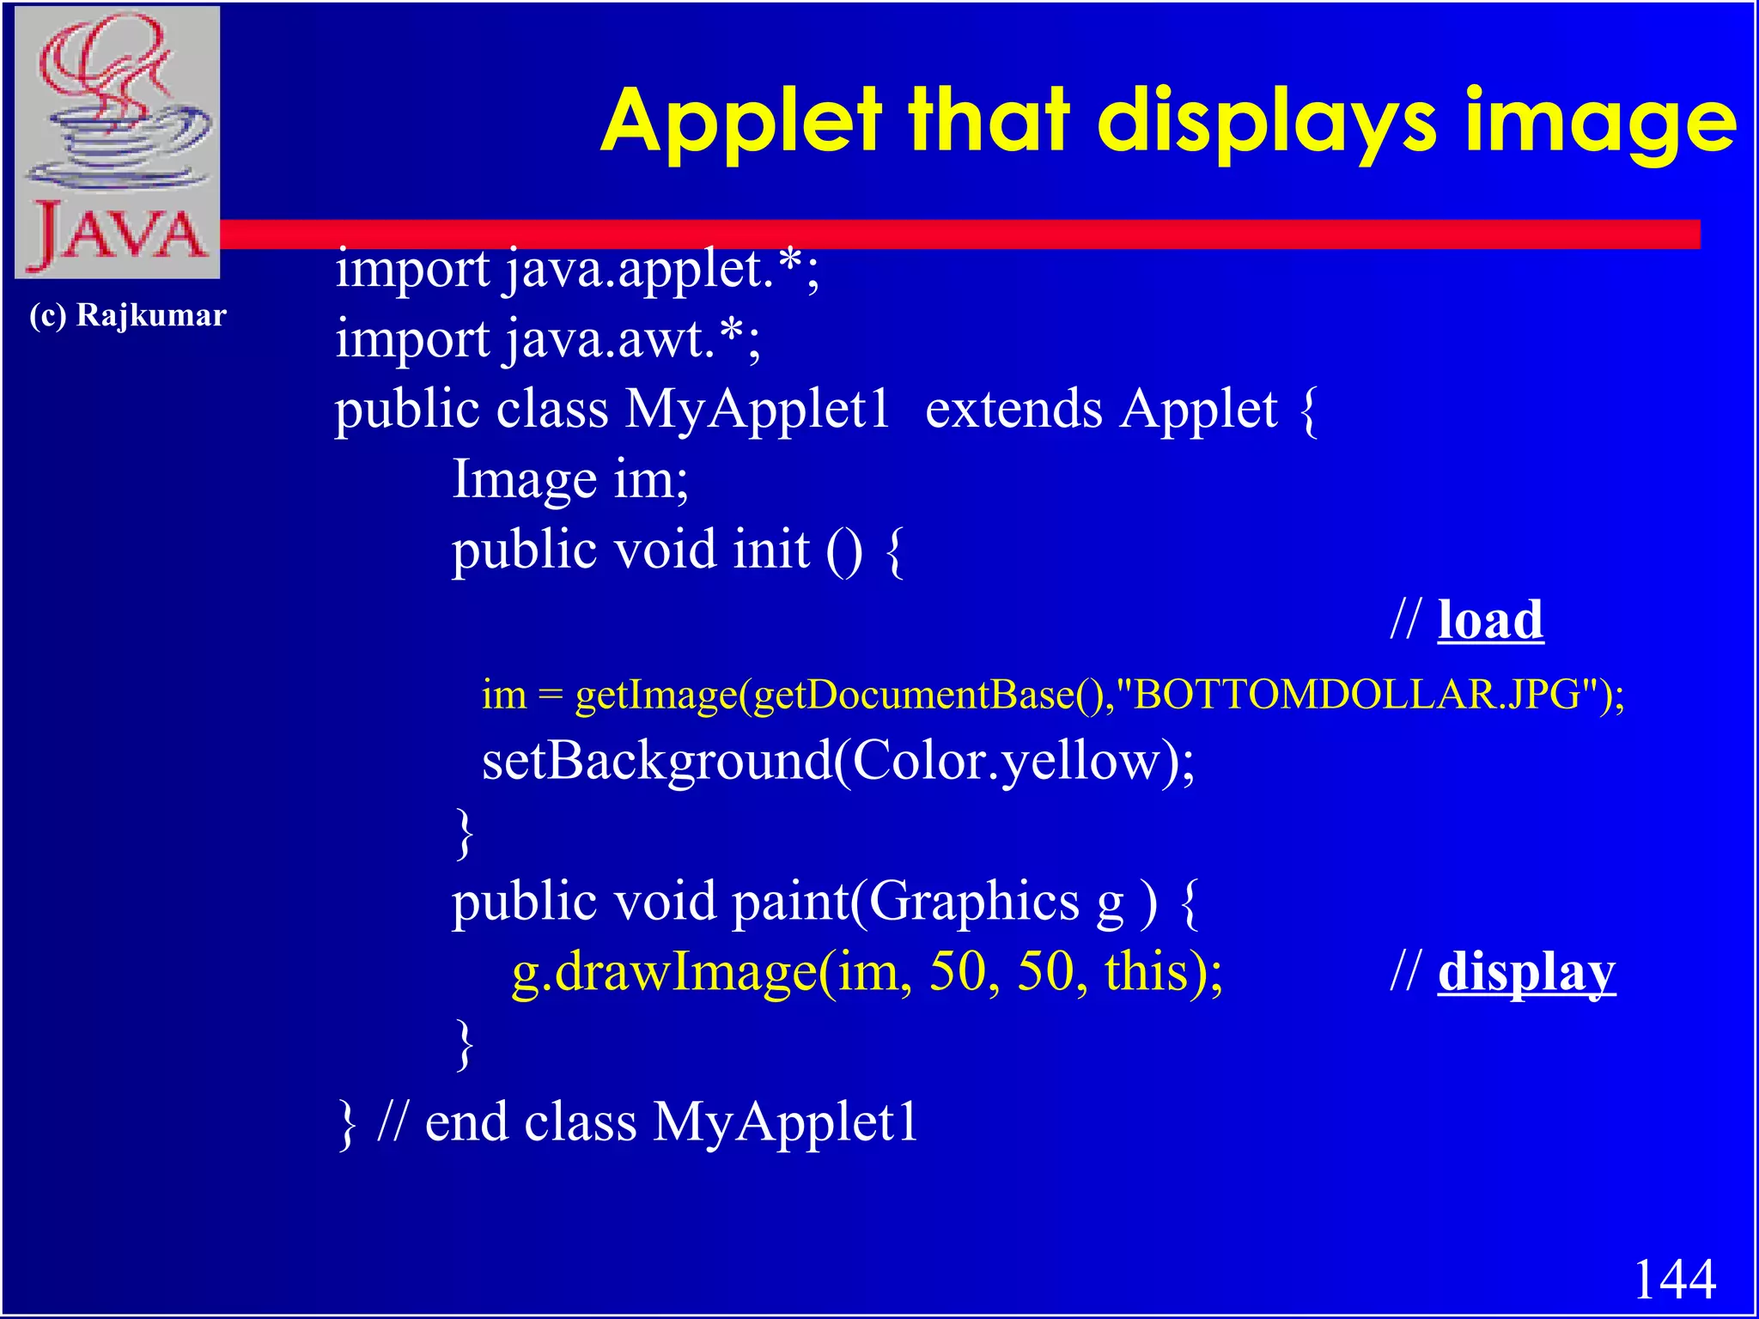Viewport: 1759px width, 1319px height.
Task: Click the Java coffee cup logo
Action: (118, 143)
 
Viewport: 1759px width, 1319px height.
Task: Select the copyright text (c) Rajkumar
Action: (128, 315)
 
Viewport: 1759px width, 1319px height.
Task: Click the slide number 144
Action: (1674, 1279)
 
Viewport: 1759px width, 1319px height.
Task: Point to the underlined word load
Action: (1490, 620)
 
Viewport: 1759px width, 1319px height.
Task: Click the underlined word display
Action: (1526, 973)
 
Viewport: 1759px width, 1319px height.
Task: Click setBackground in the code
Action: (656, 761)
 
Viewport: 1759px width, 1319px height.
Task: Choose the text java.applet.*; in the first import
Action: (662, 270)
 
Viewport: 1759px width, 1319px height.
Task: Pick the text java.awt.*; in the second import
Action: (632, 339)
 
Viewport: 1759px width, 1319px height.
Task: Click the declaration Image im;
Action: (570, 479)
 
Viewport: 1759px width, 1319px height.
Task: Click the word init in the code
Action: (771, 550)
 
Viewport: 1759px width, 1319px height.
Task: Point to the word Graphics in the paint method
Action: (974, 903)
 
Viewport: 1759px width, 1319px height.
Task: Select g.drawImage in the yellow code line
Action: (663, 973)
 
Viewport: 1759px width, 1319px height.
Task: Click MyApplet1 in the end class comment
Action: (785, 1122)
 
